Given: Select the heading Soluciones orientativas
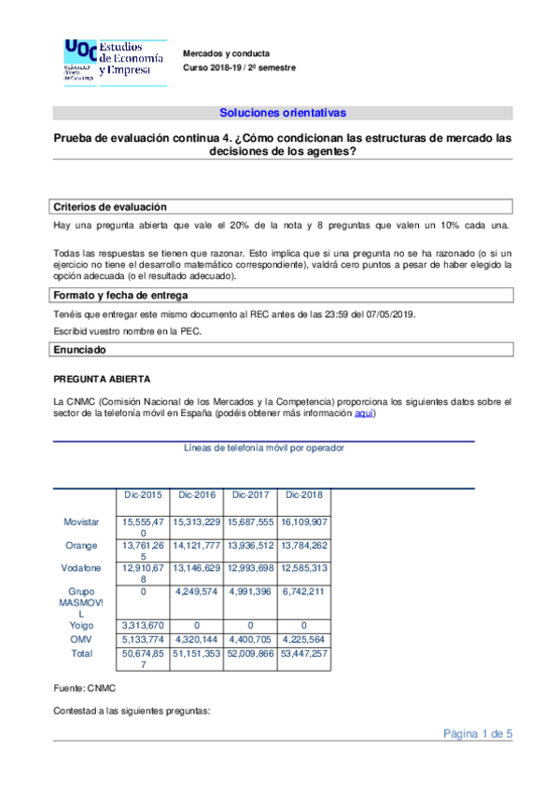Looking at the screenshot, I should click(x=283, y=113).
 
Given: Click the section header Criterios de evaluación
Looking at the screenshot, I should click(x=109, y=207).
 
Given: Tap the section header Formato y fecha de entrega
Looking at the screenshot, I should click(x=125, y=296).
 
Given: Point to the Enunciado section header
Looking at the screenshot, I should click(x=79, y=350).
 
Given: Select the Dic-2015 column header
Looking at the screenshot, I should click(x=142, y=494).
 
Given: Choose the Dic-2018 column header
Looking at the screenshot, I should click(x=304, y=494).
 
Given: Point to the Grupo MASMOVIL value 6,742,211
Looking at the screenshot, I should click(x=304, y=590).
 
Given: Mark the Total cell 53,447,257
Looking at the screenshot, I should click(x=304, y=654).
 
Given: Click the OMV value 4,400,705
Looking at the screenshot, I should click(x=250, y=639).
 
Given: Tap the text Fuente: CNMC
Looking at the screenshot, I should click(x=84, y=688).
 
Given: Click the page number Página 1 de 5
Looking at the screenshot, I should click(x=478, y=733).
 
